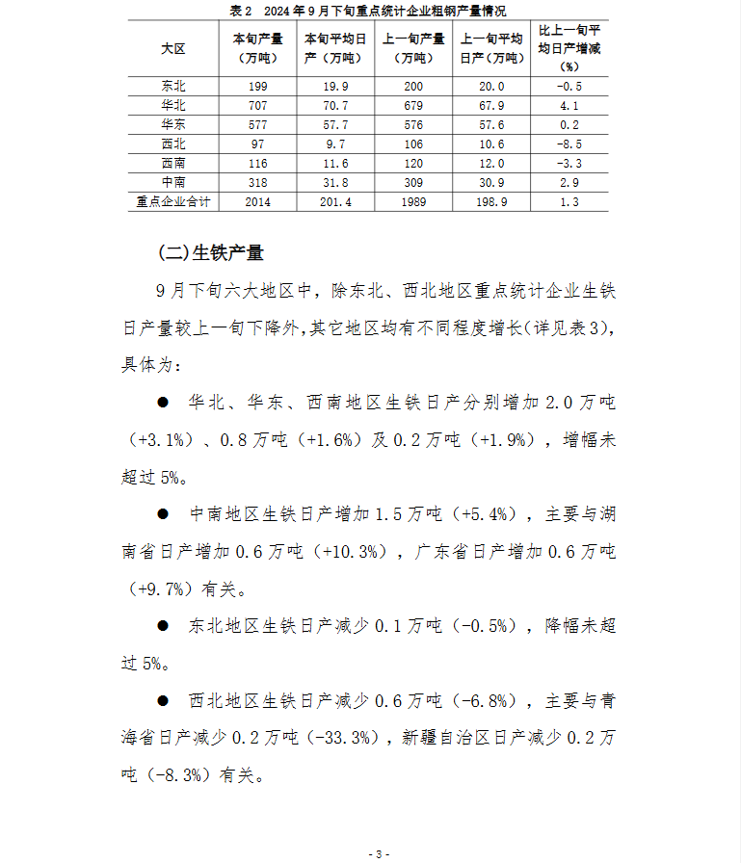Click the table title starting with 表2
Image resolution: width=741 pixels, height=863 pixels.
pos(369,11)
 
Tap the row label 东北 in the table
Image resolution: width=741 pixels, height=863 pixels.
pos(174,87)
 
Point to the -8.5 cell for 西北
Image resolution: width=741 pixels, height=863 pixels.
pos(569,144)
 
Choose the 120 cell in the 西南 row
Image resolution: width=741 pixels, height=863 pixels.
pos(413,164)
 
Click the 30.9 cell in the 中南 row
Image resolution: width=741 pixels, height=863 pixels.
pos(491,183)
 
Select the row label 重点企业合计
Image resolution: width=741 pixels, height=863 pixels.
pos(174,202)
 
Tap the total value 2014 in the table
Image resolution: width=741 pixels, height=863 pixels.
pos(258,202)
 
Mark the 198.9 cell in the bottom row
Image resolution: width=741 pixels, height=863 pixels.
pos(491,202)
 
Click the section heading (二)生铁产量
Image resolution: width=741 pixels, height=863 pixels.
pos(210,253)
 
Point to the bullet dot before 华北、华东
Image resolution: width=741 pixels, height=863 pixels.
pos(164,401)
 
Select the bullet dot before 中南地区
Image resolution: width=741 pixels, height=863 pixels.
pos(164,513)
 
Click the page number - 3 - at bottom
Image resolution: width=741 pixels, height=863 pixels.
pos(380,854)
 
